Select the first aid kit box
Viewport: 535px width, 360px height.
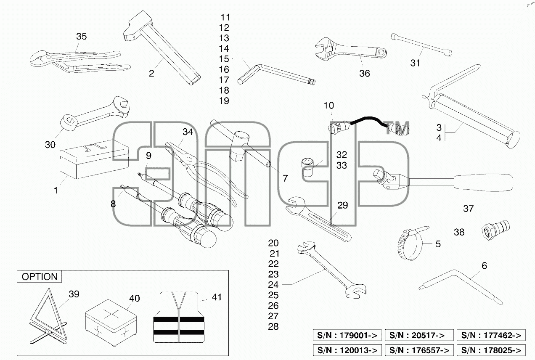tap(111, 323)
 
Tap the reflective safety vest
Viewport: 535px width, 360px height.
tap(179, 317)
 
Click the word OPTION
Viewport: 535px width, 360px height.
tap(40, 277)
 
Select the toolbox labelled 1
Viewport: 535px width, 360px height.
tap(94, 159)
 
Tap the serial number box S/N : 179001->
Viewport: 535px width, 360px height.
tap(347, 335)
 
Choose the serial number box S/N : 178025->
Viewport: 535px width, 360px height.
tap(491, 350)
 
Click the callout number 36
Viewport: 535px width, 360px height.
tap(365, 73)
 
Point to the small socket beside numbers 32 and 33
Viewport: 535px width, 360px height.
tap(308, 167)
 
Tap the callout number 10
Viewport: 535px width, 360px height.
tap(328, 105)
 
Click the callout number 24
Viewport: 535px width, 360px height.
tap(273, 285)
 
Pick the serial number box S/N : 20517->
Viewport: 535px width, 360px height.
tap(419, 335)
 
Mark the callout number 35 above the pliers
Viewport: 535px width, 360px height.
tap(82, 36)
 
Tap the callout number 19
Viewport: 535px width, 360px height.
tap(224, 101)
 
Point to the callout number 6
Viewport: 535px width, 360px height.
tap(485, 266)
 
